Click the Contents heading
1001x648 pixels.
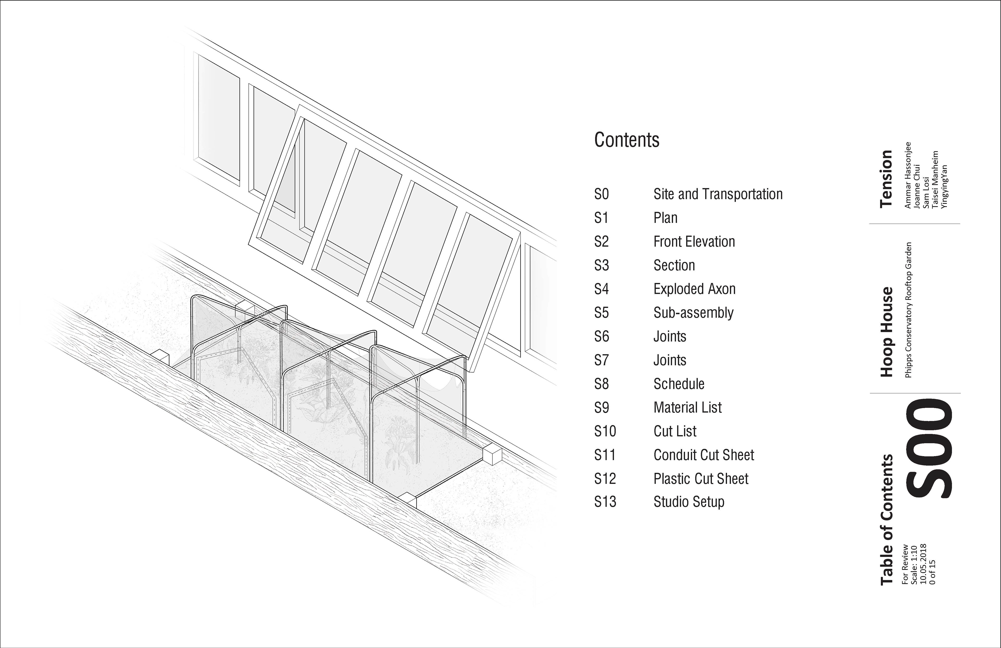627,140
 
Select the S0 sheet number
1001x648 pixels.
601,195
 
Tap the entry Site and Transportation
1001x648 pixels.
718,195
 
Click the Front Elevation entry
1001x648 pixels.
694,242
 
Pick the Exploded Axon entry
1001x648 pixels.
694,289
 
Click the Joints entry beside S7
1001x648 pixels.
670,360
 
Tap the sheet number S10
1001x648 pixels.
605,431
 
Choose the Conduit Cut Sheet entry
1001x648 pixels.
704,455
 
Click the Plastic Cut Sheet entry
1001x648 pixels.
701,479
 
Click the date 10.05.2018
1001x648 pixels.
923,564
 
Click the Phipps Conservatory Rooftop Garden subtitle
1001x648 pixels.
908,310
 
